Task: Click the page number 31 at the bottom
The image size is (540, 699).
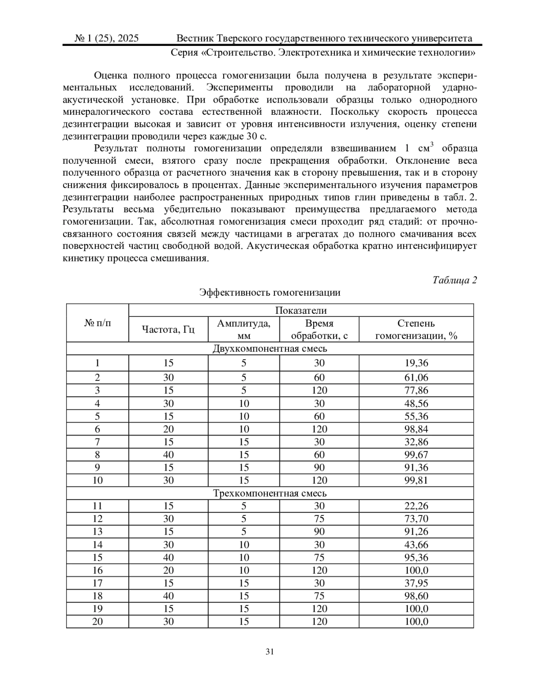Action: tap(270, 651)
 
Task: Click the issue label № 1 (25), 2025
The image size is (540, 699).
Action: tap(107, 38)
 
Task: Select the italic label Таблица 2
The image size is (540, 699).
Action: tap(454, 280)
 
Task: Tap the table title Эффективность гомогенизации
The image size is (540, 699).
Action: tap(270, 293)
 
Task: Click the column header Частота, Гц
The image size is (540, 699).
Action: tap(168, 329)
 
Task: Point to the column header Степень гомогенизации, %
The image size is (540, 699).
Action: tap(416, 329)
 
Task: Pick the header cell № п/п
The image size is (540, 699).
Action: tap(97, 323)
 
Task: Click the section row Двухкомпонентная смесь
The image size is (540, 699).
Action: tap(270, 348)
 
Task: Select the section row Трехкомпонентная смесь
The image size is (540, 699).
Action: tap(270, 493)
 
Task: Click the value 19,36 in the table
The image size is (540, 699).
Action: tap(416, 363)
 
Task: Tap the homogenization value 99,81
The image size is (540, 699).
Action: tap(416, 480)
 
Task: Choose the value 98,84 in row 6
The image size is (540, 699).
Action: tap(416, 429)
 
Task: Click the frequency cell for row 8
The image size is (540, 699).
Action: tap(168, 455)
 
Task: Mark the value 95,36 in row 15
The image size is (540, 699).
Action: tap(416, 557)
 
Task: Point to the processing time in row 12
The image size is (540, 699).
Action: tap(319, 519)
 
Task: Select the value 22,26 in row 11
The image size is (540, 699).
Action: tap(416, 506)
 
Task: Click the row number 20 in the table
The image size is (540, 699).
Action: tap(97, 622)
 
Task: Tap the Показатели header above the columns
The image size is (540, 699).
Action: tap(301, 311)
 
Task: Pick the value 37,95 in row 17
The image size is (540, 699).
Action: tap(416, 583)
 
